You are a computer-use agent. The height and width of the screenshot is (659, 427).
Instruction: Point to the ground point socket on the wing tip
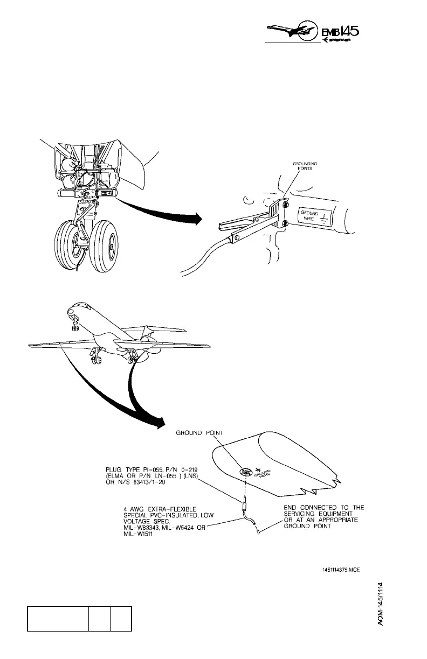click(246, 472)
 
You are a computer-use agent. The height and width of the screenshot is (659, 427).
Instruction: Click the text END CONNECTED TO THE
click(324, 508)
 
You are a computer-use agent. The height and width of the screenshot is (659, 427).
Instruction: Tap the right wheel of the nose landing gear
click(104, 245)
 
